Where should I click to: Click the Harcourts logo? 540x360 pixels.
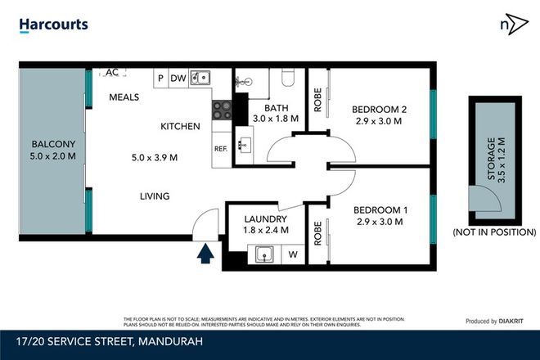click(x=53, y=25)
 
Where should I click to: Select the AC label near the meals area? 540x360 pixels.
click(x=113, y=73)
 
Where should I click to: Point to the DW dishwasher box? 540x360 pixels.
click(x=178, y=79)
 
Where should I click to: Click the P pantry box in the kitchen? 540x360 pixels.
click(x=160, y=79)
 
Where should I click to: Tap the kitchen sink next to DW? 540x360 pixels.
click(x=200, y=79)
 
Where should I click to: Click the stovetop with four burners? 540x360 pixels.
click(x=221, y=110)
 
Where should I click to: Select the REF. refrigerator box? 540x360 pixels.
click(x=221, y=149)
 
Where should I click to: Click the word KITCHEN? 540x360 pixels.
click(x=180, y=127)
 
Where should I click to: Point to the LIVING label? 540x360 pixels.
click(x=154, y=196)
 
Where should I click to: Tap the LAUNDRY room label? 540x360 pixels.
click(x=266, y=220)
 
